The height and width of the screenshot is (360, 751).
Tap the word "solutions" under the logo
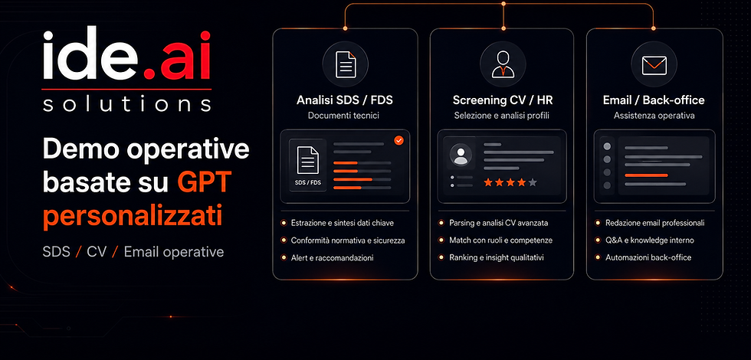[127, 103]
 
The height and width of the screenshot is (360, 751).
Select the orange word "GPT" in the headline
[205, 182]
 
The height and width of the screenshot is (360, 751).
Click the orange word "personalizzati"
[132, 217]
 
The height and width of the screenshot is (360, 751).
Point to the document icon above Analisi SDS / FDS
[346, 64]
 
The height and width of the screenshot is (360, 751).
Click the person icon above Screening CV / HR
[503, 64]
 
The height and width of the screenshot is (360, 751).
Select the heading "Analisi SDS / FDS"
[345, 100]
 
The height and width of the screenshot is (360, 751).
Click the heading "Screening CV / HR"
[502, 100]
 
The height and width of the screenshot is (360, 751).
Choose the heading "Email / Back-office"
[654, 100]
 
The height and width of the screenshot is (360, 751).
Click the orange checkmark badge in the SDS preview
[398, 140]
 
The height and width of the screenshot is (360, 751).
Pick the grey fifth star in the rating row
[533, 182]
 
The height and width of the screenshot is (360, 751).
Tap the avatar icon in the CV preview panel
[461, 155]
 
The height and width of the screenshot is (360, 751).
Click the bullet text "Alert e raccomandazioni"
[332, 257]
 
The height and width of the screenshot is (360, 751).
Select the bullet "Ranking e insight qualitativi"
[497, 257]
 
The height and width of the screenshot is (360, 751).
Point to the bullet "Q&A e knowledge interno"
[650, 241]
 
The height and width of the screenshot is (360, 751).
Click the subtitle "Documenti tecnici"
[343, 116]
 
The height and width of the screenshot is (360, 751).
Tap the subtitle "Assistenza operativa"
[654, 116]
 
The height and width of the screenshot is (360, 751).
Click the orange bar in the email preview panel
[647, 175]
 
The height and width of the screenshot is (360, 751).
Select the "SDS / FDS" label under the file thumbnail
[307, 182]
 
